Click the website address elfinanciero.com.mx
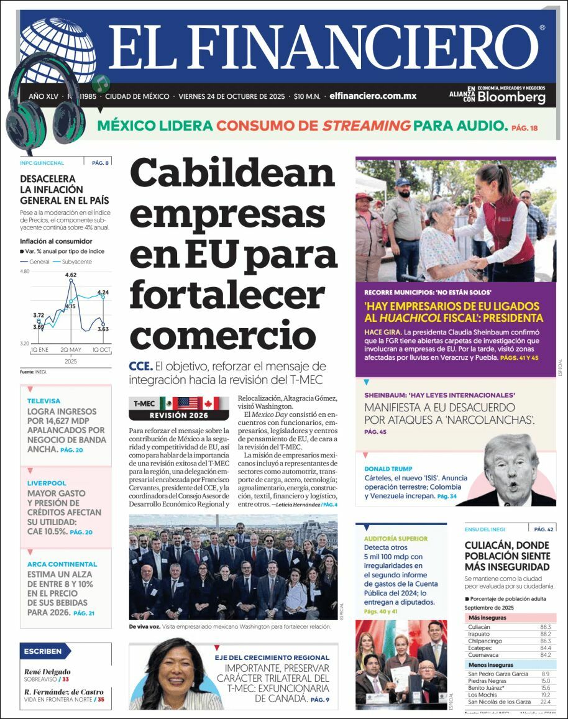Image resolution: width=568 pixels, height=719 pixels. click(373, 96)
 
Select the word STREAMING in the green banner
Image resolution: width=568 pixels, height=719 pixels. click(366, 126)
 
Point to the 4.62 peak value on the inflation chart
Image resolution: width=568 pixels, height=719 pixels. click(70, 275)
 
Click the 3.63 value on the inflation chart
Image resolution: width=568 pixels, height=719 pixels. click(103, 329)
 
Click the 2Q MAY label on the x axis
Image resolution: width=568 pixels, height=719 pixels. click(71, 350)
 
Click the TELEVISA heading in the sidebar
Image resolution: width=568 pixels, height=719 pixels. click(44, 401)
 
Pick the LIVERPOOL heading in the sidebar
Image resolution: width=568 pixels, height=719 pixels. click(47, 483)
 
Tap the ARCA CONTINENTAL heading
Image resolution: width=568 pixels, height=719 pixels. click(62, 564)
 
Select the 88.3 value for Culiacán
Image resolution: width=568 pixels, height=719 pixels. click(546, 627)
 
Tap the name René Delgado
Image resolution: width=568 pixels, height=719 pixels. click(47, 672)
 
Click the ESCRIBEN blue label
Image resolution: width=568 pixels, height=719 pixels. click(44, 651)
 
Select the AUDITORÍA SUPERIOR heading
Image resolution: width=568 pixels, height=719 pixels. click(395, 539)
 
